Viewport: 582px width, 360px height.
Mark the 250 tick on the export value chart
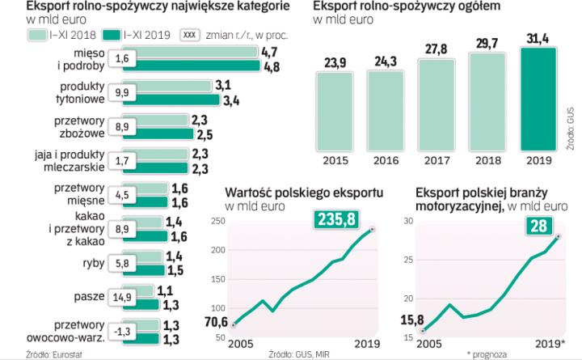pyautogui.click(x=217, y=222)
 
